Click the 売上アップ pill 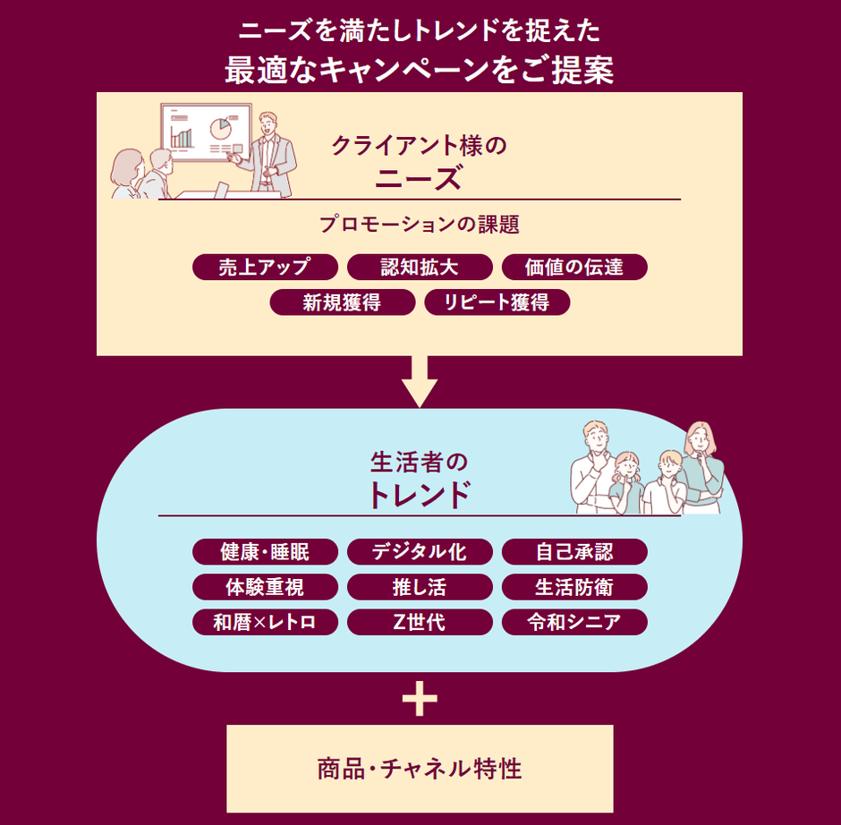click(x=265, y=267)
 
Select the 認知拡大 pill click(x=420, y=267)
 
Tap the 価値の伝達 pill click(x=574, y=267)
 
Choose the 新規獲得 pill click(x=342, y=302)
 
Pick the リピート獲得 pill click(x=497, y=302)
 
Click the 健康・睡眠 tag click(x=265, y=551)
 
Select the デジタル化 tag click(x=420, y=551)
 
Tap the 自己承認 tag click(x=574, y=551)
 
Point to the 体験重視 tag click(x=265, y=587)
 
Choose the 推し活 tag click(x=420, y=587)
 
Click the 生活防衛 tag click(x=574, y=587)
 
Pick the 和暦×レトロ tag click(x=265, y=622)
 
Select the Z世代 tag click(x=420, y=622)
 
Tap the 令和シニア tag click(x=574, y=622)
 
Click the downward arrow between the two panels click(x=420, y=380)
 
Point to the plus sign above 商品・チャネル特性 click(x=420, y=699)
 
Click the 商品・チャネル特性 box click(x=420, y=769)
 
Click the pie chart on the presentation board click(x=220, y=129)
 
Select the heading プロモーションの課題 click(x=420, y=225)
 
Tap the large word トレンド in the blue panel click(x=420, y=494)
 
